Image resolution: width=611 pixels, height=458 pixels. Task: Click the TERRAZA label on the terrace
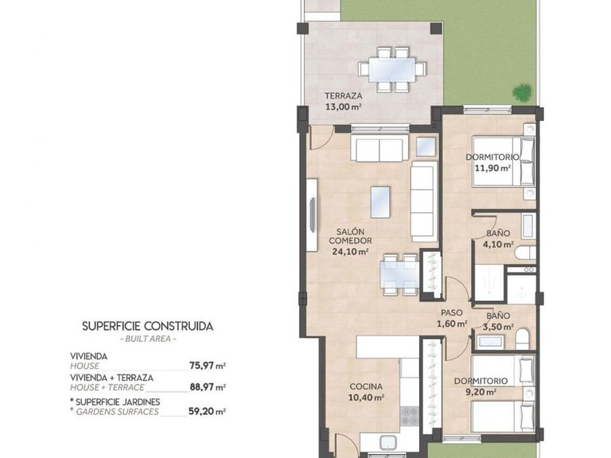pos(344,94)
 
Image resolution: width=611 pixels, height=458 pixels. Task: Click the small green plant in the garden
pos(522,92)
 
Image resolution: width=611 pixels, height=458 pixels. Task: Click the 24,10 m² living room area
pos(350,252)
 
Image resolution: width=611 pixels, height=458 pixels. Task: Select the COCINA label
pos(367,386)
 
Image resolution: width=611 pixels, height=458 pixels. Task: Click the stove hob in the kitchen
pos(410,416)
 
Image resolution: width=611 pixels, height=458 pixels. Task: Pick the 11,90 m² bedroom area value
pos(492,169)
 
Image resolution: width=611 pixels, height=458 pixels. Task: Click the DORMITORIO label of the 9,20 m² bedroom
pos(481,381)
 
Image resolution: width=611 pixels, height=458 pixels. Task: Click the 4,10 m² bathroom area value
pos(499,244)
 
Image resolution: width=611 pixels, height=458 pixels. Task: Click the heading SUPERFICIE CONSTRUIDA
pos(148,326)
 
